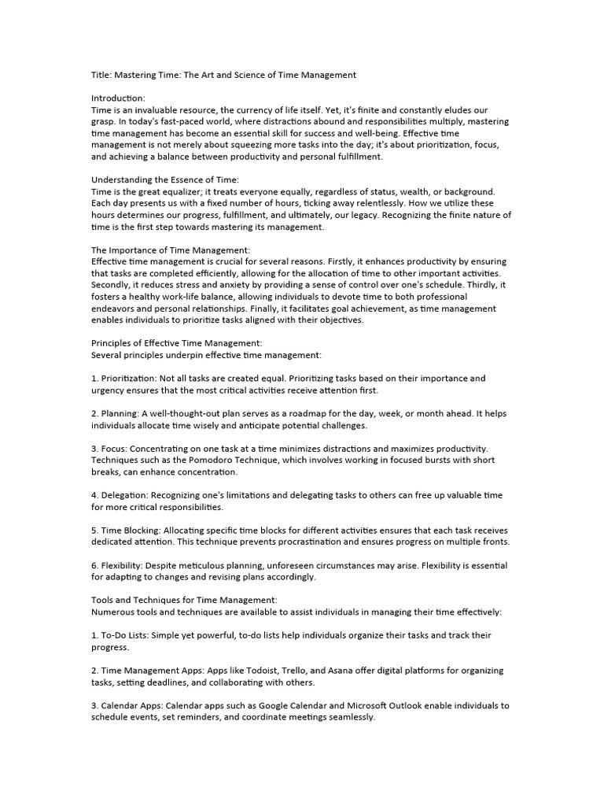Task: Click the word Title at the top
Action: [101, 75]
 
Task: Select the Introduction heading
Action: [119, 98]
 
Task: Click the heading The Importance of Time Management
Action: [171, 250]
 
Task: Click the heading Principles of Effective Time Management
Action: [177, 344]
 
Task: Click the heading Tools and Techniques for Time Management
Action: [184, 601]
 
